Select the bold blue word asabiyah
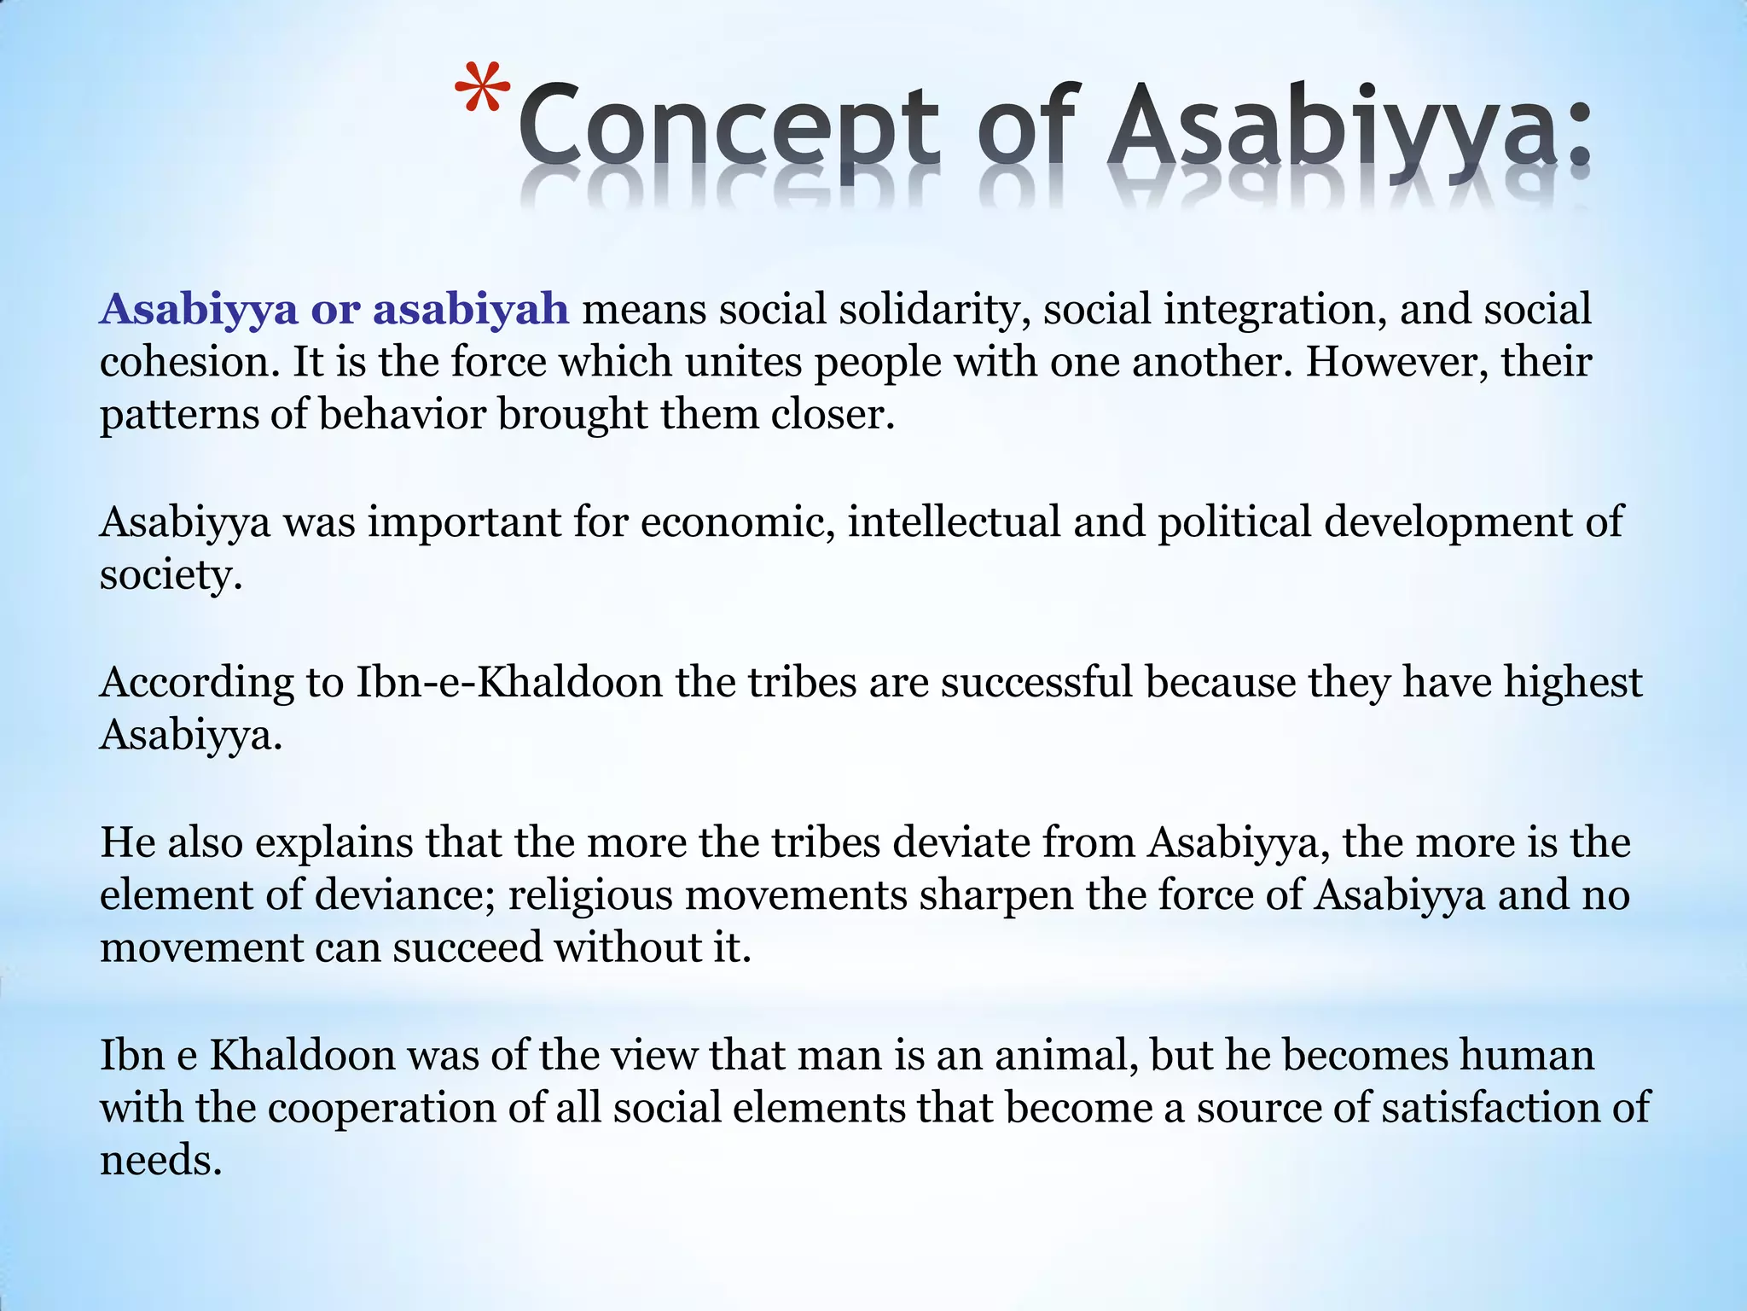pyautogui.click(x=471, y=309)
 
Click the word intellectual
pyautogui.click(x=954, y=522)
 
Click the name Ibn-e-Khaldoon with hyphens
pyautogui.click(x=508, y=683)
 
